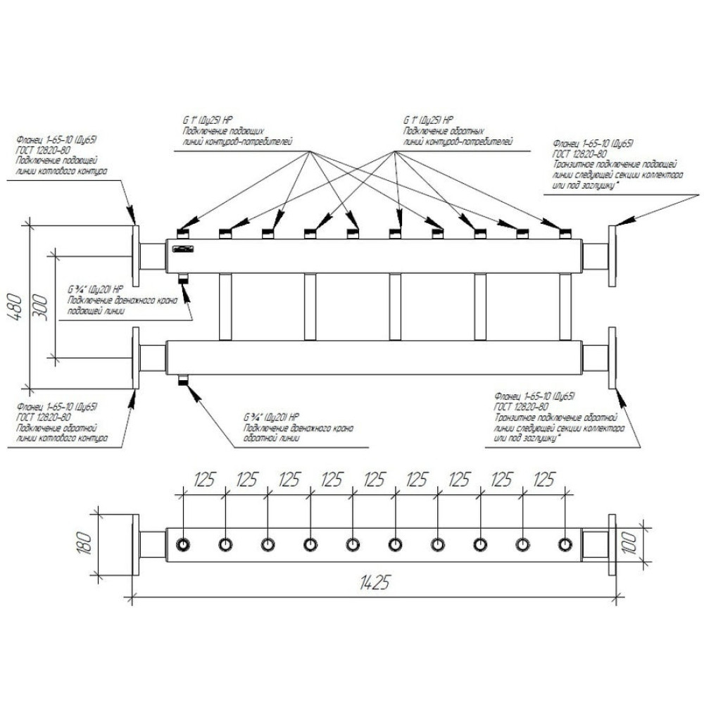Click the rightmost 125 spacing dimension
543,480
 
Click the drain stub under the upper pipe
184,277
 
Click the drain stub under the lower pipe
184,381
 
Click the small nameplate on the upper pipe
184,249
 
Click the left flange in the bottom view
134,544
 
